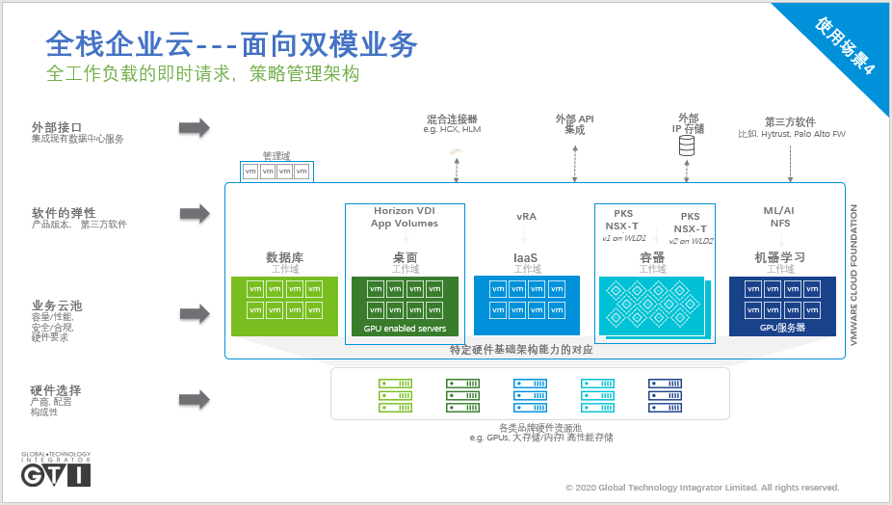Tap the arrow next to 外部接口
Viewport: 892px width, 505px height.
point(194,127)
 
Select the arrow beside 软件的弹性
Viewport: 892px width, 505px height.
point(194,212)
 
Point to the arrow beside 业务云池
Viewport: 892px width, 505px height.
point(194,314)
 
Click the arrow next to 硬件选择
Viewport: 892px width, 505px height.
point(194,399)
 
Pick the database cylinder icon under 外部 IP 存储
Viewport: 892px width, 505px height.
point(687,146)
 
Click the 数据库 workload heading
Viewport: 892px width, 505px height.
point(285,257)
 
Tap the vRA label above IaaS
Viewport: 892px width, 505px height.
point(526,216)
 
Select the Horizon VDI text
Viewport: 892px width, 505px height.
point(405,210)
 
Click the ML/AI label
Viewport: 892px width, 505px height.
point(778,210)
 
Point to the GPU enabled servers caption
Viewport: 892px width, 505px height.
point(405,329)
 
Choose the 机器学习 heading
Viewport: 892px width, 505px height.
point(779,257)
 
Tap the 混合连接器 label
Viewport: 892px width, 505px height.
point(452,120)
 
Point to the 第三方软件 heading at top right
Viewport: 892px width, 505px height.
point(790,122)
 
